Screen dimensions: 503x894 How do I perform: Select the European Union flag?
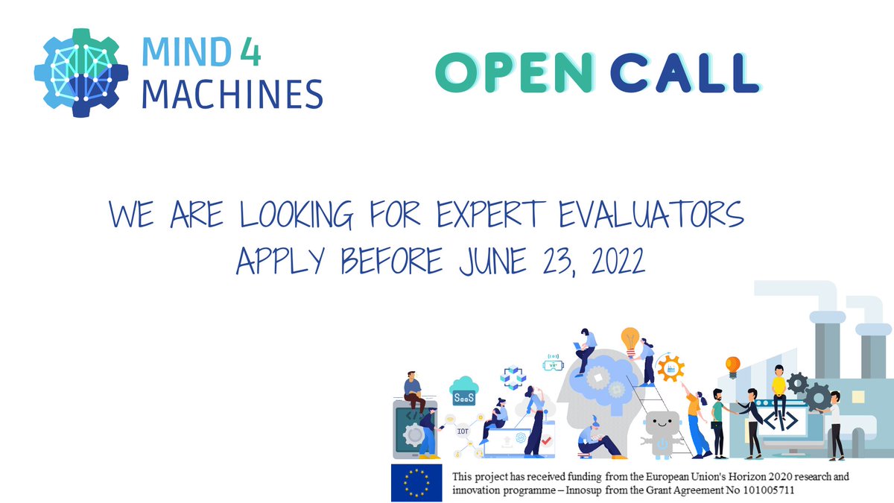416,482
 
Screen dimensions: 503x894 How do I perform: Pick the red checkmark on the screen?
546,441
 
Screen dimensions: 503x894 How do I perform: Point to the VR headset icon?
553,363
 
